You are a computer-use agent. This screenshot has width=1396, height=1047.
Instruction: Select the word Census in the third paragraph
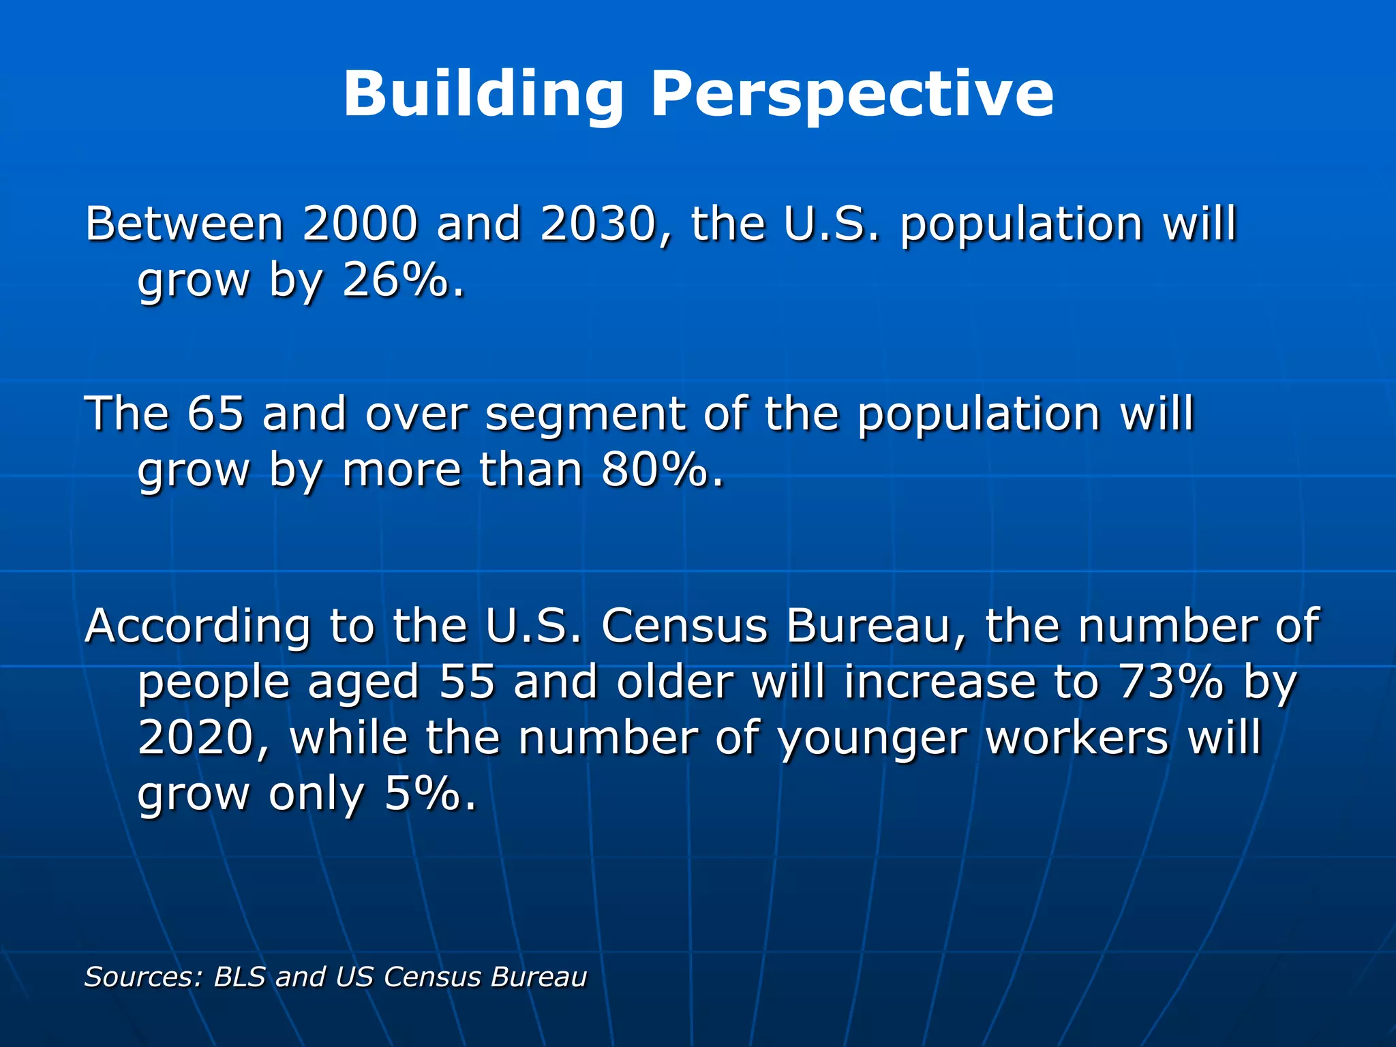pyautogui.click(x=684, y=626)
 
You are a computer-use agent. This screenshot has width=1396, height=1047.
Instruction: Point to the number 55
pyautogui.click(x=467, y=682)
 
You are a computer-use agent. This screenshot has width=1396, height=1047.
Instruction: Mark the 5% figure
pyautogui.click(x=423, y=793)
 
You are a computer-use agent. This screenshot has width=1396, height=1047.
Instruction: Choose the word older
pyautogui.click(x=675, y=682)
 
